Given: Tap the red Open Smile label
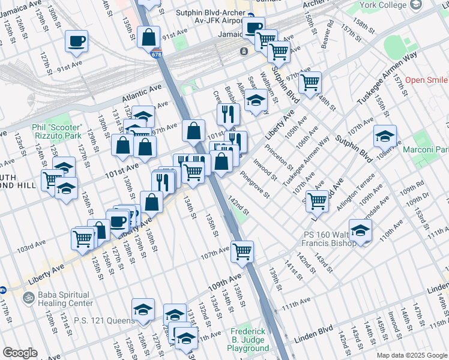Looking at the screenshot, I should coord(426,80).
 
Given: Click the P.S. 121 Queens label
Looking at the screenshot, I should coord(104,320).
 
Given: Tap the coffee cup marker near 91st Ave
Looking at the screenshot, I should coord(76,41).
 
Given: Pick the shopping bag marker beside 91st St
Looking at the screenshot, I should coord(148,37).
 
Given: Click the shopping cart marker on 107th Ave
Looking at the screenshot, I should coord(243,252).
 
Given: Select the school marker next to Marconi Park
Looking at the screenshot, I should coord(385,136).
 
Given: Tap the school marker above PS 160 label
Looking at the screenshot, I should coord(360,230).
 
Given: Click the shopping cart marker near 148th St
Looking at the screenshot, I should coord(310,82).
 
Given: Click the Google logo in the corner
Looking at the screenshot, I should coord(20,353).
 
